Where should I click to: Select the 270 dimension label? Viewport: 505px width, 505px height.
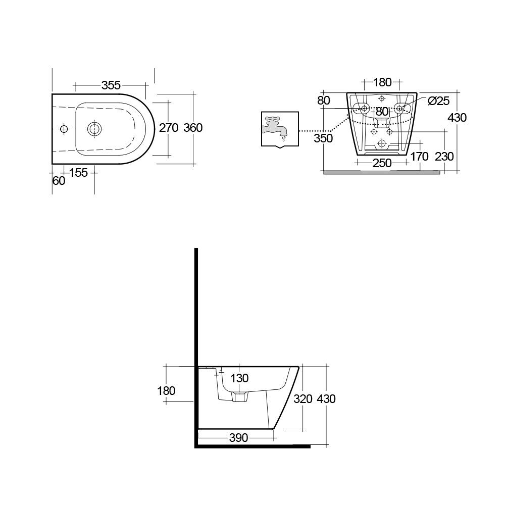pos(169,128)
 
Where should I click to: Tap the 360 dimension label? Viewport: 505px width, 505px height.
pos(192,128)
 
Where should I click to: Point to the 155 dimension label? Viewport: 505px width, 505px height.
pos(78,173)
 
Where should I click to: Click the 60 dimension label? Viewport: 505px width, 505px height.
pos(59,181)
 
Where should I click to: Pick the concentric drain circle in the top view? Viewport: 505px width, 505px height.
pos(93,129)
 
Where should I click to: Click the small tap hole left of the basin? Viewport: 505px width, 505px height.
pos(64,129)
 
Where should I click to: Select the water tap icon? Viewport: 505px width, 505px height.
pos(279,129)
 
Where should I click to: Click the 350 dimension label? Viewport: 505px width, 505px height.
pos(323,138)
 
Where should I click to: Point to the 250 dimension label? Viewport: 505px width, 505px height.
pos(382,163)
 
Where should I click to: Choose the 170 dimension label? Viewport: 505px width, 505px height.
pos(419,157)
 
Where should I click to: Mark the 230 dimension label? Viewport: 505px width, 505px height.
pos(444,157)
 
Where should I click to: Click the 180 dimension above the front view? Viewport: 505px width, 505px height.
pos(382,82)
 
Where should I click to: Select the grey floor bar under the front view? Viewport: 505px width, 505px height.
pos(381,172)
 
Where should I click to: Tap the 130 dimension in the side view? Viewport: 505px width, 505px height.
pos(240,378)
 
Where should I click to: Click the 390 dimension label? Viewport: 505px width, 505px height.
pos(238,438)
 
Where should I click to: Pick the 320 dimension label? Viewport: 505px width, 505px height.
pos(303,399)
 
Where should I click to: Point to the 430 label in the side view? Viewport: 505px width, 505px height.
pos(326,399)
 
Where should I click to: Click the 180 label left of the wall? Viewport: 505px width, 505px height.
pos(166,390)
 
